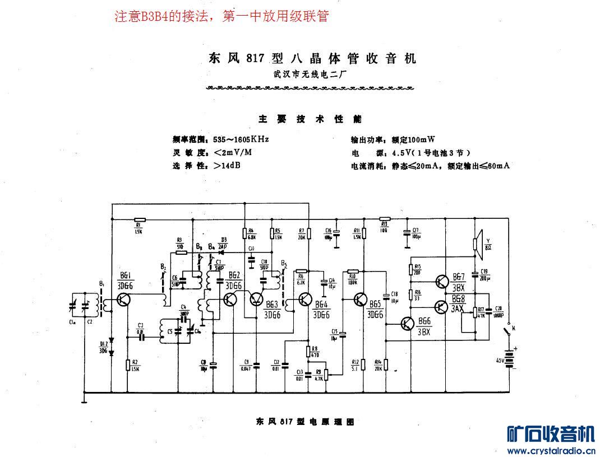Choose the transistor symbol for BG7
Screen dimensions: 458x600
coord(442,280)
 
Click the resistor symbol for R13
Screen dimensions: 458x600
coord(384,220)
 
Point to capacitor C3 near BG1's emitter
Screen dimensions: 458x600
coord(141,337)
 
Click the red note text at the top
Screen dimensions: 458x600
coord(221,17)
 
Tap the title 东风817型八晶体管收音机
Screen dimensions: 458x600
coord(312,58)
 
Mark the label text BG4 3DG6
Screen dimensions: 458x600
coord(321,310)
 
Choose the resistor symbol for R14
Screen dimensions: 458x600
coord(386,364)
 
